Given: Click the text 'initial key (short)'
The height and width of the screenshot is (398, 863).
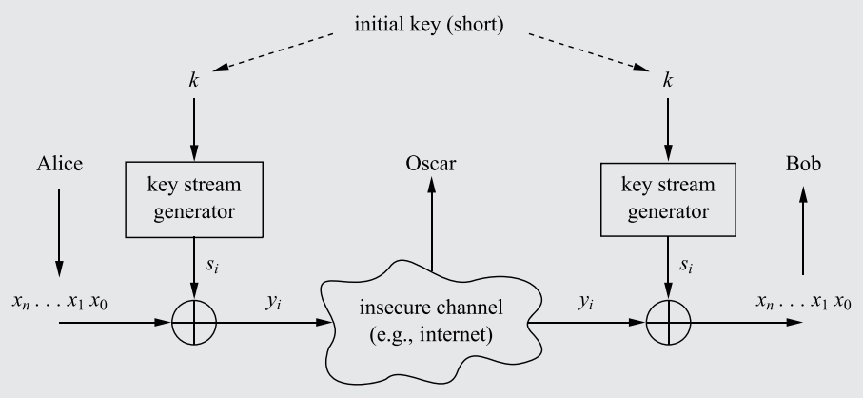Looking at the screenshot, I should tap(430, 24).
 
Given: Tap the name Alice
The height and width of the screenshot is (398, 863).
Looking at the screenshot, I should tap(58, 164).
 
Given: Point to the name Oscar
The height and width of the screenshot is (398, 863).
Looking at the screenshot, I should tap(431, 164).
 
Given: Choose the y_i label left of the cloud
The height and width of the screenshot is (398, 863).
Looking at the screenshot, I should tap(274, 302).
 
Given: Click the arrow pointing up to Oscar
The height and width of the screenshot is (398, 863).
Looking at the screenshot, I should tap(432, 229).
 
